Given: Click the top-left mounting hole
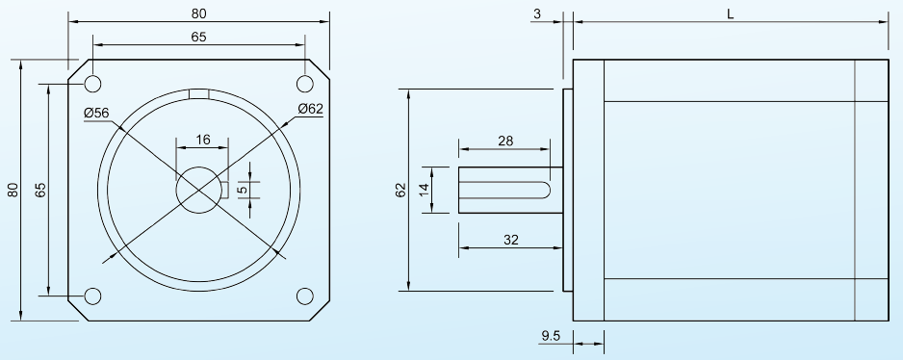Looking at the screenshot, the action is (x=92, y=84).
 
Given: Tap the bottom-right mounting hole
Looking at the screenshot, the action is (x=304, y=296).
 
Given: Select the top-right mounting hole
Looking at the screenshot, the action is (x=304, y=84).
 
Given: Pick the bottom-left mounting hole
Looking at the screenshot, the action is (x=92, y=296).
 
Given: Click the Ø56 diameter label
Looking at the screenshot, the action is (x=96, y=113).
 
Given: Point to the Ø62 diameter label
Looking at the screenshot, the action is (x=310, y=109).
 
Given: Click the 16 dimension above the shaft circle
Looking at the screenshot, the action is (x=203, y=140).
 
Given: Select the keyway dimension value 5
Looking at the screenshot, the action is (x=243, y=189).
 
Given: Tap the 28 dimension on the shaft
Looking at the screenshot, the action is (x=505, y=141).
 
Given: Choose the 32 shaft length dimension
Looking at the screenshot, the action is (x=511, y=240).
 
